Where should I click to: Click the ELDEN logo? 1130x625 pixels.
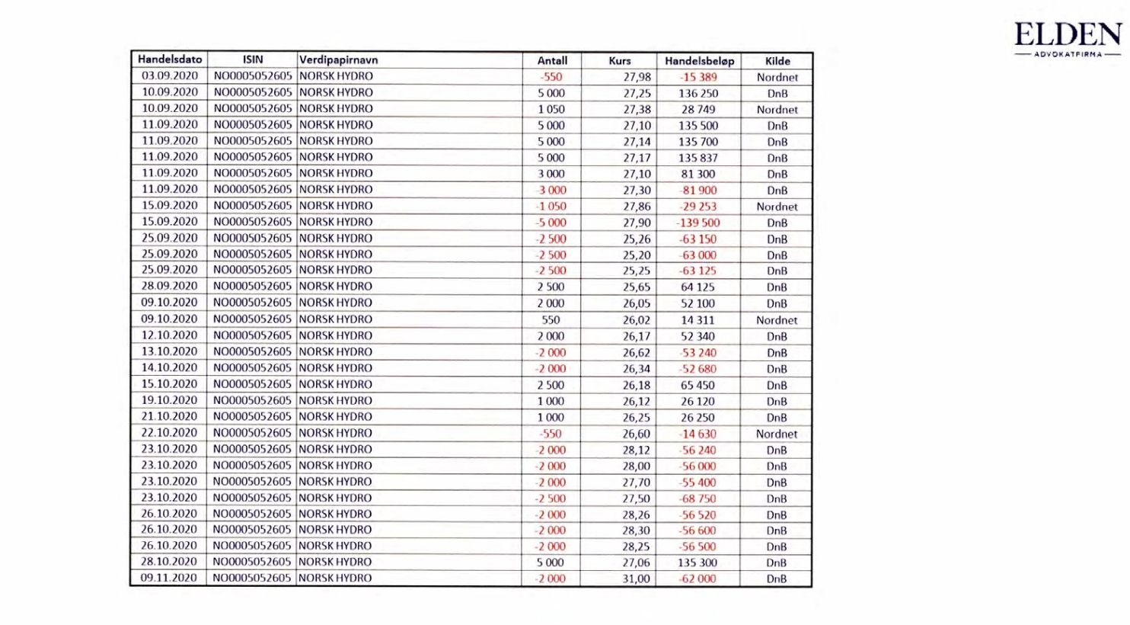pyautogui.click(x=1068, y=39)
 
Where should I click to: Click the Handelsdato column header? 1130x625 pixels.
pyautogui.click(x=170, y=59)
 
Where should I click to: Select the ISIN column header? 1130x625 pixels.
pyautogui.click(x=253, y=59)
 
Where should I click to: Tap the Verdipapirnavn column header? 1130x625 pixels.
pyautogui.click(x=339, y=60)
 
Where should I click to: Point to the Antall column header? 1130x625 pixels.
pyautogui.click(x=552, y=61)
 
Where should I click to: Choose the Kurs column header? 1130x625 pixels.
pyautogui.click(x=620, y=61)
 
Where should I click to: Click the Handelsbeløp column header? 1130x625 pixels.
pyautogui.click(x=699, y=61)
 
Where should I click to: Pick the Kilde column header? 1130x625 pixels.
pyautogui.click(x=777, y=61)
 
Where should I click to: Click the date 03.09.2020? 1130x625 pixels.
pyautogui.click(x=170, y=76)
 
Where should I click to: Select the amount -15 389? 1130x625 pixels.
pyautogui.click(x=698, y=77)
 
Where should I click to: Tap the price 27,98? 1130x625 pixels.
pyautogui.click(x=637, y=77)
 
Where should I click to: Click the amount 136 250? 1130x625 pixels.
pyautogui.click(x=698, y=93)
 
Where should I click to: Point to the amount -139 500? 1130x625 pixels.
pyautogui.click(x=698, y=223)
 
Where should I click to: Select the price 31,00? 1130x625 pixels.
pyautogui.click(x=637, y=579)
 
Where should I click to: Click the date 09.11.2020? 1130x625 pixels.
pyautogui.click(x=169, y=578)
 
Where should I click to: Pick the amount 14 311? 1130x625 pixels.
pyautogui.click(x=697, y=320)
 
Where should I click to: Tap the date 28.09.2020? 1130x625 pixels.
pyautogui.click(x=169, y=287)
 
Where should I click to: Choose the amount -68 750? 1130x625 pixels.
pyautogui.click(x=698, y=498)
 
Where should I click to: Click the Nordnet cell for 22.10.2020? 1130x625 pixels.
pyautogui.click(x=777, y=434)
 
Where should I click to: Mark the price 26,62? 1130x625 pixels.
pyautogui.click(x=637, y=352)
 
